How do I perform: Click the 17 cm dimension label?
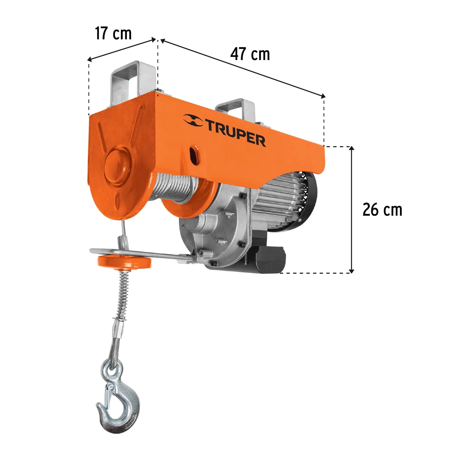click(113, 33)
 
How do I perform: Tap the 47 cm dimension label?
click(250, 54)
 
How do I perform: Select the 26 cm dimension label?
click(382, 210)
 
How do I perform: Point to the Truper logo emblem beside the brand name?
click(193, 120)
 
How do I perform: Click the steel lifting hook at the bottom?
click(120, 406)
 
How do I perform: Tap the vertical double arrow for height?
click(352, 210)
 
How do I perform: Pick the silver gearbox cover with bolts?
click(217, 230)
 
